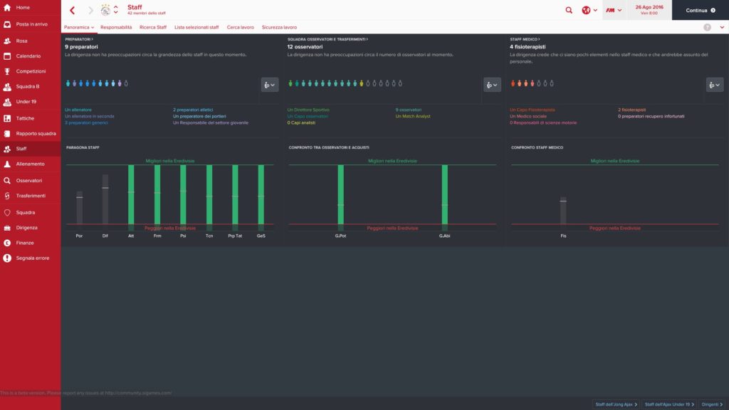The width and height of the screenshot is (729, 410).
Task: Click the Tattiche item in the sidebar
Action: click(25, 118)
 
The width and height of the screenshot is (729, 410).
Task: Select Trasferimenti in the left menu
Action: click(31, 196)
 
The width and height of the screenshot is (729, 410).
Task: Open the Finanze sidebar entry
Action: click(26, 243)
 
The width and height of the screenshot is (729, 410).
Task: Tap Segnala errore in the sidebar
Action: click(33, 258)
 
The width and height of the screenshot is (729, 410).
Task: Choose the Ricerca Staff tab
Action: click(153, 27)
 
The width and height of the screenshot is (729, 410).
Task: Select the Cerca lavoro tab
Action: click(240, 27)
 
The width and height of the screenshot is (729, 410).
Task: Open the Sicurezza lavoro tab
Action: click(279, 27)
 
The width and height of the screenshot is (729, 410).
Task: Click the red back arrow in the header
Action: click(73, 10)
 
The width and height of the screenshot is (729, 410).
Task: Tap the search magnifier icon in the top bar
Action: click(568, 10)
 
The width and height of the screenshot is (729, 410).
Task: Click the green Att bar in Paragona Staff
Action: click(131, 195)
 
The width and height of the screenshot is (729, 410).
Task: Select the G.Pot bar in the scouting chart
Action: click(340, 195)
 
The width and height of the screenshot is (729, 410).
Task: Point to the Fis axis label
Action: click(563, 235)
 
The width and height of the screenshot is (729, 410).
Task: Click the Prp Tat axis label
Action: click(235, 235)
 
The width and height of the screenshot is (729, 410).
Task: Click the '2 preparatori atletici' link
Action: click(193, 110)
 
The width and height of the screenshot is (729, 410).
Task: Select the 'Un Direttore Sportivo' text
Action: click(308, 110)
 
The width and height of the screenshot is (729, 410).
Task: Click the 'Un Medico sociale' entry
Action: click(528, 116)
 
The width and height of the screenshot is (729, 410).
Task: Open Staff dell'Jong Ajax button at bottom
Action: click(616, 404)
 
